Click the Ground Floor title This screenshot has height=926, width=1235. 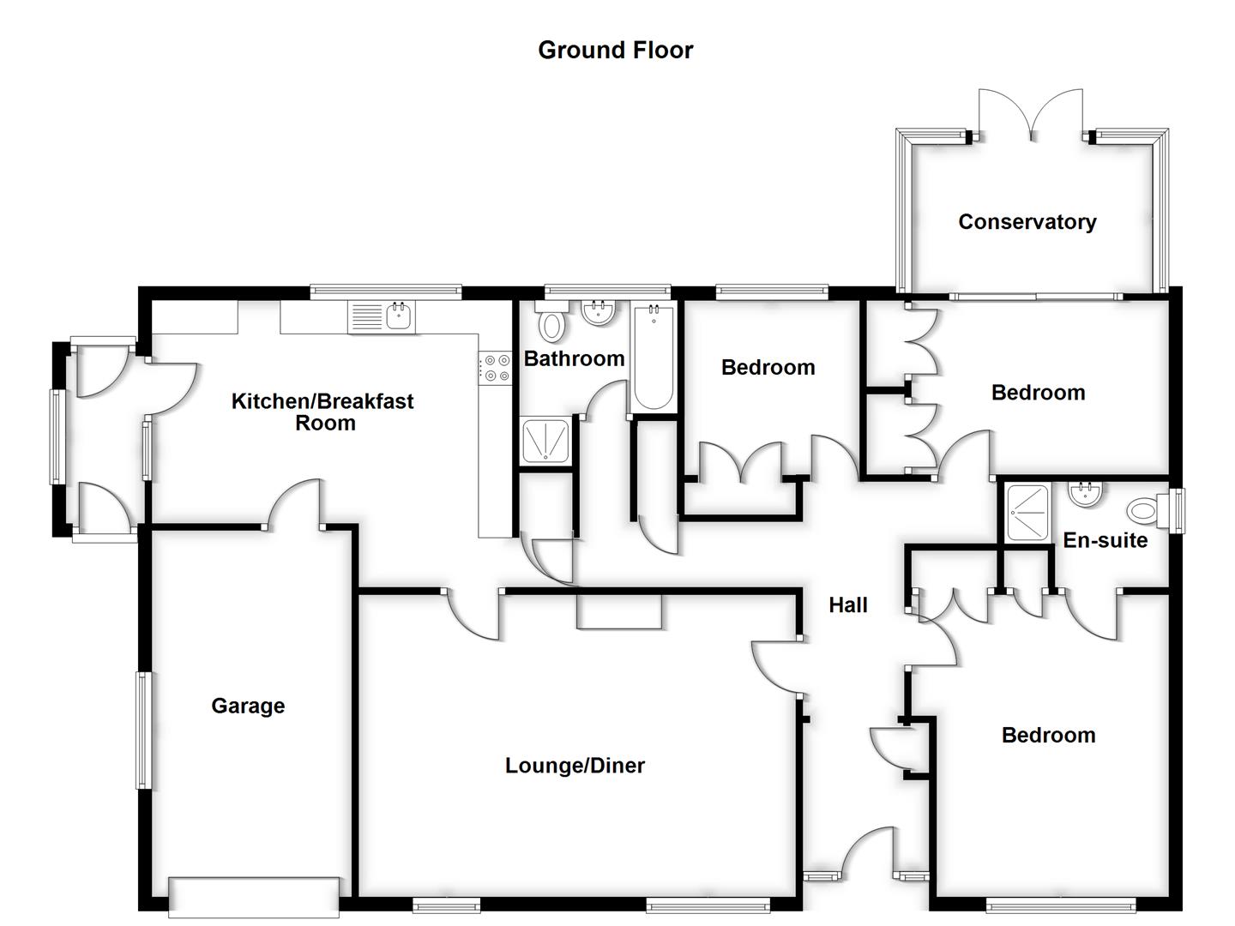tap(615, 50)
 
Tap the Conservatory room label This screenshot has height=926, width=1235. tap(1027, 222)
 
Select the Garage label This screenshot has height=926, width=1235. tap(248, 706)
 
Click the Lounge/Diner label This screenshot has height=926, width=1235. tap(575, 766)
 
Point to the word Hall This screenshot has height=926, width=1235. tap(847, 605)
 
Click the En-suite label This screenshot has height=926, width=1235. tap(1105, 540)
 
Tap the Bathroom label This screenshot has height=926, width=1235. tap(574, 358)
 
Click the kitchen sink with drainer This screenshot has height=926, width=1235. tap(382, 317)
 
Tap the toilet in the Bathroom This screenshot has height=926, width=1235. tap(552, 323)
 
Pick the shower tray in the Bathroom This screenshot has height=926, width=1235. tap(545, 441)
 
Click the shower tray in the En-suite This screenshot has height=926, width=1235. tap(1027, 513)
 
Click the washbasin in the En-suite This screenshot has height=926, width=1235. tap(1086, 494)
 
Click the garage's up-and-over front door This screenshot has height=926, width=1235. tap(254, 896)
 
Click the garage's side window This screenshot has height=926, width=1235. tap(143, 731)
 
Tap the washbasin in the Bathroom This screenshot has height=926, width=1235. tap(598, 313)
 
